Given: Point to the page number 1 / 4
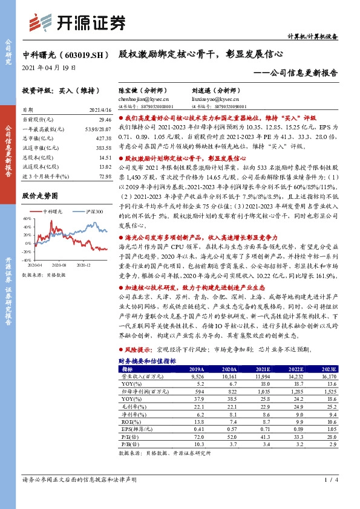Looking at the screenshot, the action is tap(329, 480).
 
